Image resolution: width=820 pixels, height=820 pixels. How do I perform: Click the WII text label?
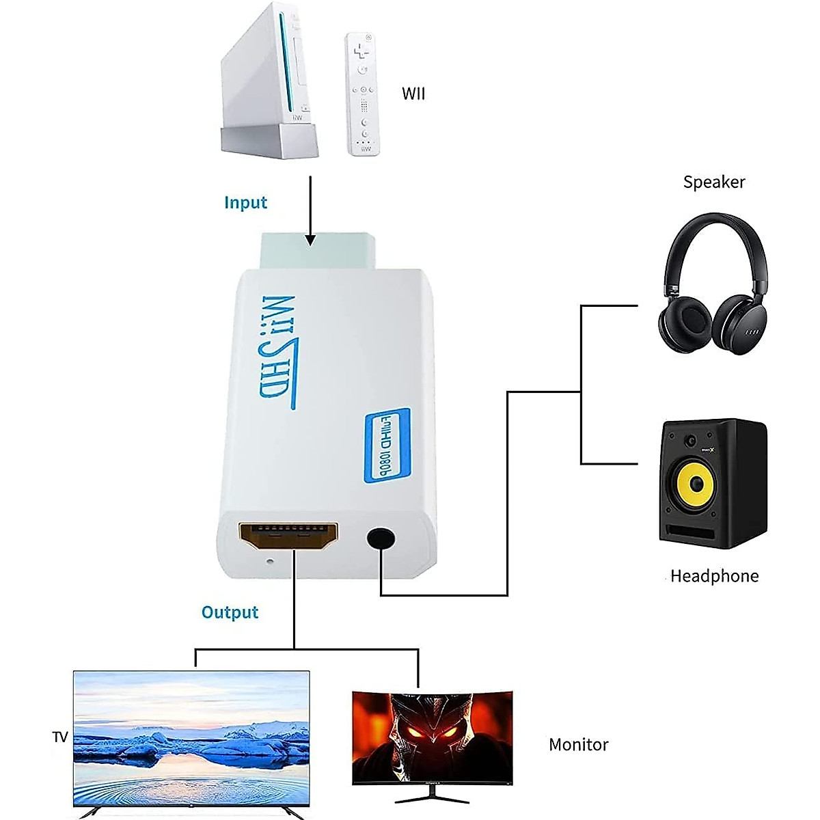tap(413, 94)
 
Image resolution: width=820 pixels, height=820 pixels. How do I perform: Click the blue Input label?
tap(245, 202)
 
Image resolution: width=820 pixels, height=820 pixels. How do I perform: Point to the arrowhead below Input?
tap(310, 240)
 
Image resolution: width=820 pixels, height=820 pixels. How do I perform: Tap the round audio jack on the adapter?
tap(381, 538)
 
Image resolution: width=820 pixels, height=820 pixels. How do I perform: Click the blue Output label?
tap(230, 612)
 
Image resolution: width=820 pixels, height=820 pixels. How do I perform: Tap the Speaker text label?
tap(714, 182)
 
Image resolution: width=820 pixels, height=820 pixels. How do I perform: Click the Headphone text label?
tap(714, 576)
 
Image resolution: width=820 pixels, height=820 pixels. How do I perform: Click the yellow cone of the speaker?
tap(696, 484)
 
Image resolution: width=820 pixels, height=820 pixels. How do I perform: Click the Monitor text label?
tap(578, 744)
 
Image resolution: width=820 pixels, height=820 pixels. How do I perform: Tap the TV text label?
tap(60, 737)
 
